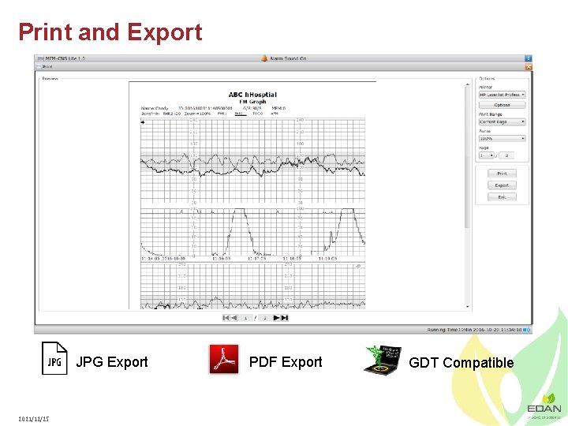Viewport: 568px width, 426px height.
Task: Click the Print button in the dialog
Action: (x=502, y=174)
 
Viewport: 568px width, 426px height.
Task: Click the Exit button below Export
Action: (x=502, y=197)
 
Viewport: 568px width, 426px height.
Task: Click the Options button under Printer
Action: (x=502, y=105)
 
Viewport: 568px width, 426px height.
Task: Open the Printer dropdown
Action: (x=502, y=95)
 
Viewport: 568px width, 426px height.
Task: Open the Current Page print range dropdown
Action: (x=502, y=122)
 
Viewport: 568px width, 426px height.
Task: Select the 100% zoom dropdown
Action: (x=502, y=139)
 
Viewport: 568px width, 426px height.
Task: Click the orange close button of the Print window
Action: (x=529, y=67)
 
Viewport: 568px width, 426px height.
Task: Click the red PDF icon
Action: (x=223, y=359)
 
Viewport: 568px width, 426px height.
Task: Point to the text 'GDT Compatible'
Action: (x=461, y=363)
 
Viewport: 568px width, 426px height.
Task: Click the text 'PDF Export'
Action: (x=286, y=362)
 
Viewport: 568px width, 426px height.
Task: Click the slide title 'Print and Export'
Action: (x=110, y=32)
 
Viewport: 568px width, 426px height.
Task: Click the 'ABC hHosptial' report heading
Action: (x=252, y=95)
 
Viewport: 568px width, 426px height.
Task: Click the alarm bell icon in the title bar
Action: (x=264, y=58)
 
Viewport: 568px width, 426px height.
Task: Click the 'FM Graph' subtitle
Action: (x=252, y=101)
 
